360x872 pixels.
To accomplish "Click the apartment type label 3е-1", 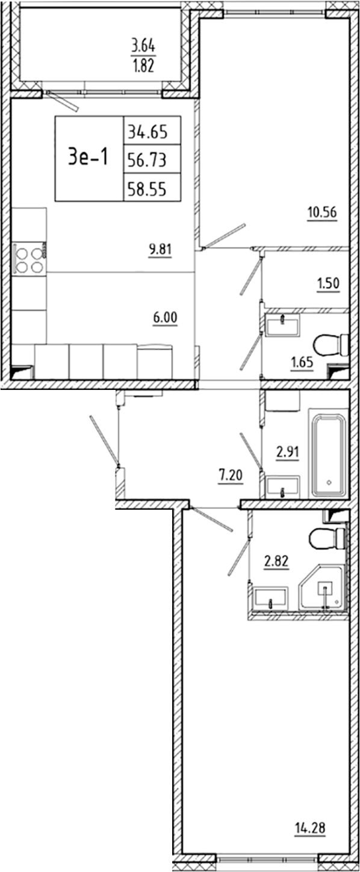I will pyautogui.click(x=88, y=158).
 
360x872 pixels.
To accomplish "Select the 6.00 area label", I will pyautogui.click(x=165, y=317).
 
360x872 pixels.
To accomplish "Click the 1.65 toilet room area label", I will pyautogui.click(x=302, y=363).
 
